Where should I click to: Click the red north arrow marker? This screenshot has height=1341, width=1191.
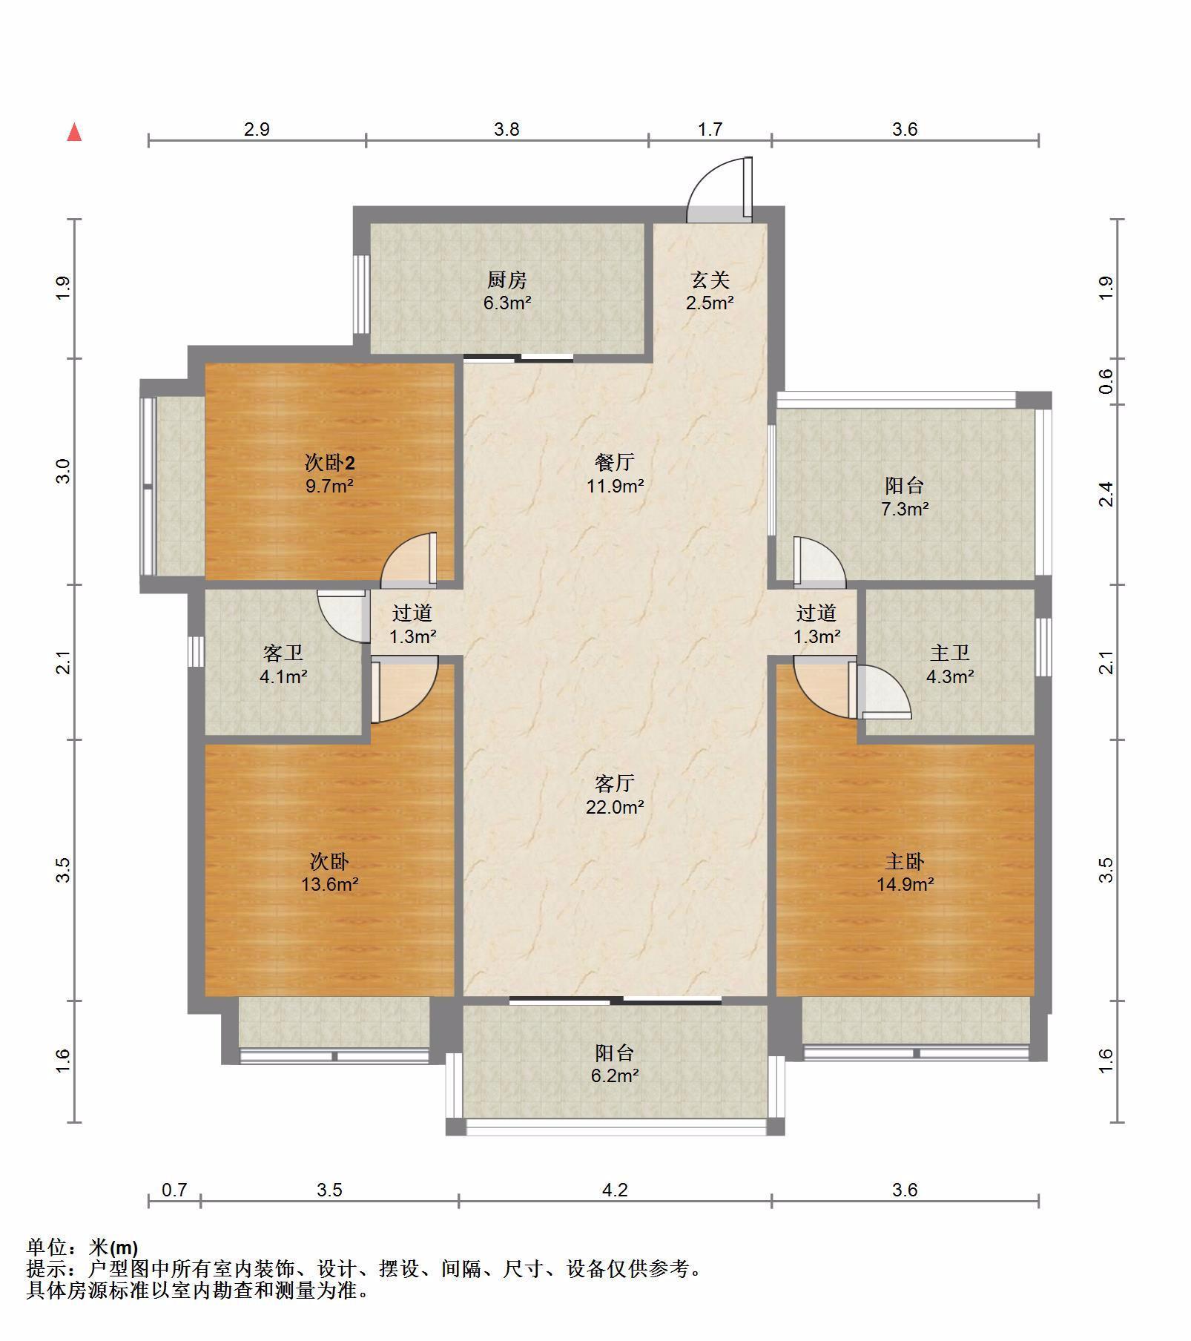pos(74,133)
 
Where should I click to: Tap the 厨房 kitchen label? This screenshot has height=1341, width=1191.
pos(507,280)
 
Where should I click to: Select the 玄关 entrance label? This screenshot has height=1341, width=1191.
pos(710,280)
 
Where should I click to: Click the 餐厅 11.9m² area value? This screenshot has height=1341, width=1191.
pos(615,487)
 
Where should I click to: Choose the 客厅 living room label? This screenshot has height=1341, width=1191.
pos(615,783)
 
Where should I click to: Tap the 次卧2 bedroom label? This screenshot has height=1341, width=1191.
pos(330,464)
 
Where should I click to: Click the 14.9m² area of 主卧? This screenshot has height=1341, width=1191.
pos(905,884)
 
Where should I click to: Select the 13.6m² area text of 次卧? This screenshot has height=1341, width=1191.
pos(330,884)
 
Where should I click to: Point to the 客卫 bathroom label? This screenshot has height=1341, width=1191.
pos(283,653)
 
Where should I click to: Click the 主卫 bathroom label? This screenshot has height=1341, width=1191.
pos(950,653)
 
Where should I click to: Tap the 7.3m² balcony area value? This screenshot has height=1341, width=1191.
pos(905,510)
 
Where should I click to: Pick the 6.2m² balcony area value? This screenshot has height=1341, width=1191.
pos(615,1075)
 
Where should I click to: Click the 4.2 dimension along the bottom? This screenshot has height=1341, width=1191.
pos(615,1190)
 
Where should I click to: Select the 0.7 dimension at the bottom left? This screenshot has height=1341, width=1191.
pos(174,1190)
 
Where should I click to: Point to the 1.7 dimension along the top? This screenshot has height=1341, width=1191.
pos(710,130)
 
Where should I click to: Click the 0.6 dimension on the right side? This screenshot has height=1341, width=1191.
pos(1106,381)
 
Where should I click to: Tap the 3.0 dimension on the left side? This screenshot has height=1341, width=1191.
pos(64,472)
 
